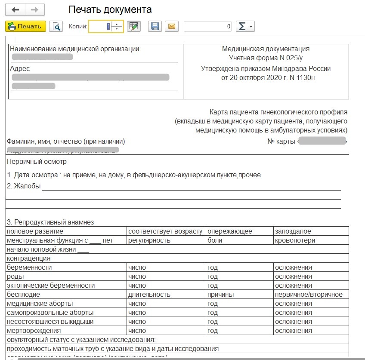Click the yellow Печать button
click(25, 26)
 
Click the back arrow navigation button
click(15, 9)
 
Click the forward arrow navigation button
click(35, 9)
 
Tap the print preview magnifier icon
click(56, 26)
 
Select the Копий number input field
click(99, 26)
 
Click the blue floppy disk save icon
click(155, 26)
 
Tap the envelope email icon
click(171, 26)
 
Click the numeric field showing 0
click(207, 26)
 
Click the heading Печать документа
click(110, 9)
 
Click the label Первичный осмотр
click(37, 162)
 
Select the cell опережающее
click(230, 231)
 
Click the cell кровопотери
click(295, 240)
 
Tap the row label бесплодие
click(24, 295)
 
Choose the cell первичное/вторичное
click(309, 295)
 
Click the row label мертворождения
click(34, 331)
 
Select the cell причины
click(220, 295)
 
